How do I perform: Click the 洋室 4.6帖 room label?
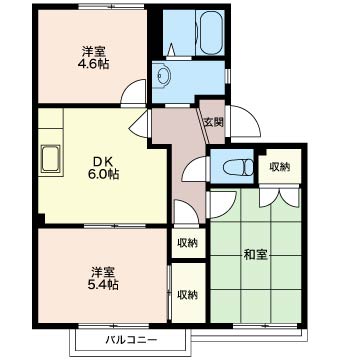93,58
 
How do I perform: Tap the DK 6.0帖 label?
104,168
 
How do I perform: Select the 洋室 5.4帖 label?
103,278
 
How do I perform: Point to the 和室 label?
256,255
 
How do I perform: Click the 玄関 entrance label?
214,123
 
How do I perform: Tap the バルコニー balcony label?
131,340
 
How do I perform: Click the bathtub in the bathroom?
210,32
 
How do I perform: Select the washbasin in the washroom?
163,76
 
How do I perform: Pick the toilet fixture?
238,167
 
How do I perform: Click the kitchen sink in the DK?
51,159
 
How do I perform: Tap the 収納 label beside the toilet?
280,167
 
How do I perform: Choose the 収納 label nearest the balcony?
188,295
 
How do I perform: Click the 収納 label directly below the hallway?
188,243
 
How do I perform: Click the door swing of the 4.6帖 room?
133,92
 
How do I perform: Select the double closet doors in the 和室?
280,197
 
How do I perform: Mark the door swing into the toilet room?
195,169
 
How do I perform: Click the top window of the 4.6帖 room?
111,6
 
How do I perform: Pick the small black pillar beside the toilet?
261,152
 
